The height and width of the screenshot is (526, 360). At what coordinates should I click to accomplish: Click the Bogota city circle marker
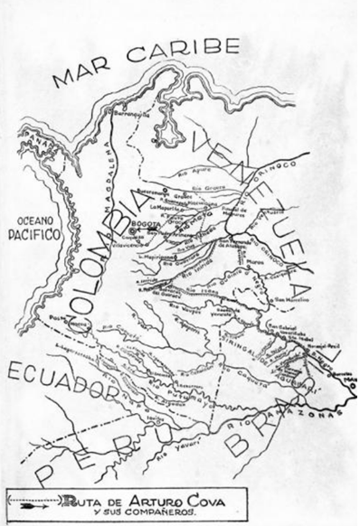click(132, 231)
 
